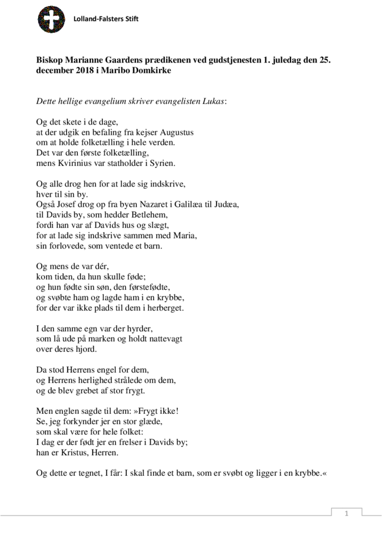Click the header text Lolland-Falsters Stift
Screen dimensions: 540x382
(106, 19)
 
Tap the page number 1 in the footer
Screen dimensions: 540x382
(346, 514)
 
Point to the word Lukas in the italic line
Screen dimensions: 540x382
(210, 101)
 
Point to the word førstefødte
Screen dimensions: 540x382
(153, 288)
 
